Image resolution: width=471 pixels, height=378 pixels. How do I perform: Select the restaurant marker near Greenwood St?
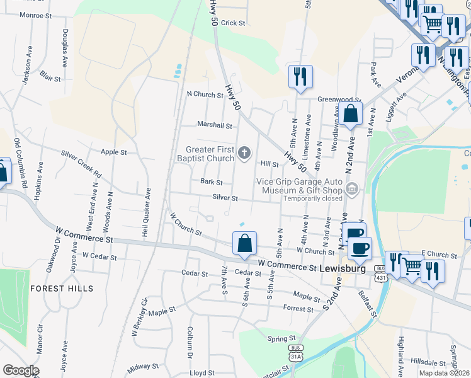[300, 77]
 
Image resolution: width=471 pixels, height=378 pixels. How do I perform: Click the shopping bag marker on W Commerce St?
[244, 244]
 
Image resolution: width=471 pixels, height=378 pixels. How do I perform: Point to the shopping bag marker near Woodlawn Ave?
[353, 115]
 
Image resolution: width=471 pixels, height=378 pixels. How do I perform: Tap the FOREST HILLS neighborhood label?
[62, 289]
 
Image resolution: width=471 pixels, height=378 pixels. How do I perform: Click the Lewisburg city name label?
[343, 268]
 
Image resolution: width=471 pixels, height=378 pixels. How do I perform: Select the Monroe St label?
[27, 14]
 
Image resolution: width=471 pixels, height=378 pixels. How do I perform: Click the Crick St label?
[233, 23]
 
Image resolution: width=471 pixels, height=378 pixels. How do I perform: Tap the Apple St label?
[114, 152]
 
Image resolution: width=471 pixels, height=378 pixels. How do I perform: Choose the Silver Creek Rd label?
[81, 163]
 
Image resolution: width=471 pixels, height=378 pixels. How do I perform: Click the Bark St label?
[212, 182]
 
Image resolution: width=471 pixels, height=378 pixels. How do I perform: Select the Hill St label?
[270, 164]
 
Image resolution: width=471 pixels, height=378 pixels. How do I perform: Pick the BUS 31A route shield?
[295, 352]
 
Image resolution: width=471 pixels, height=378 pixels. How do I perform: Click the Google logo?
[21, 370]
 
